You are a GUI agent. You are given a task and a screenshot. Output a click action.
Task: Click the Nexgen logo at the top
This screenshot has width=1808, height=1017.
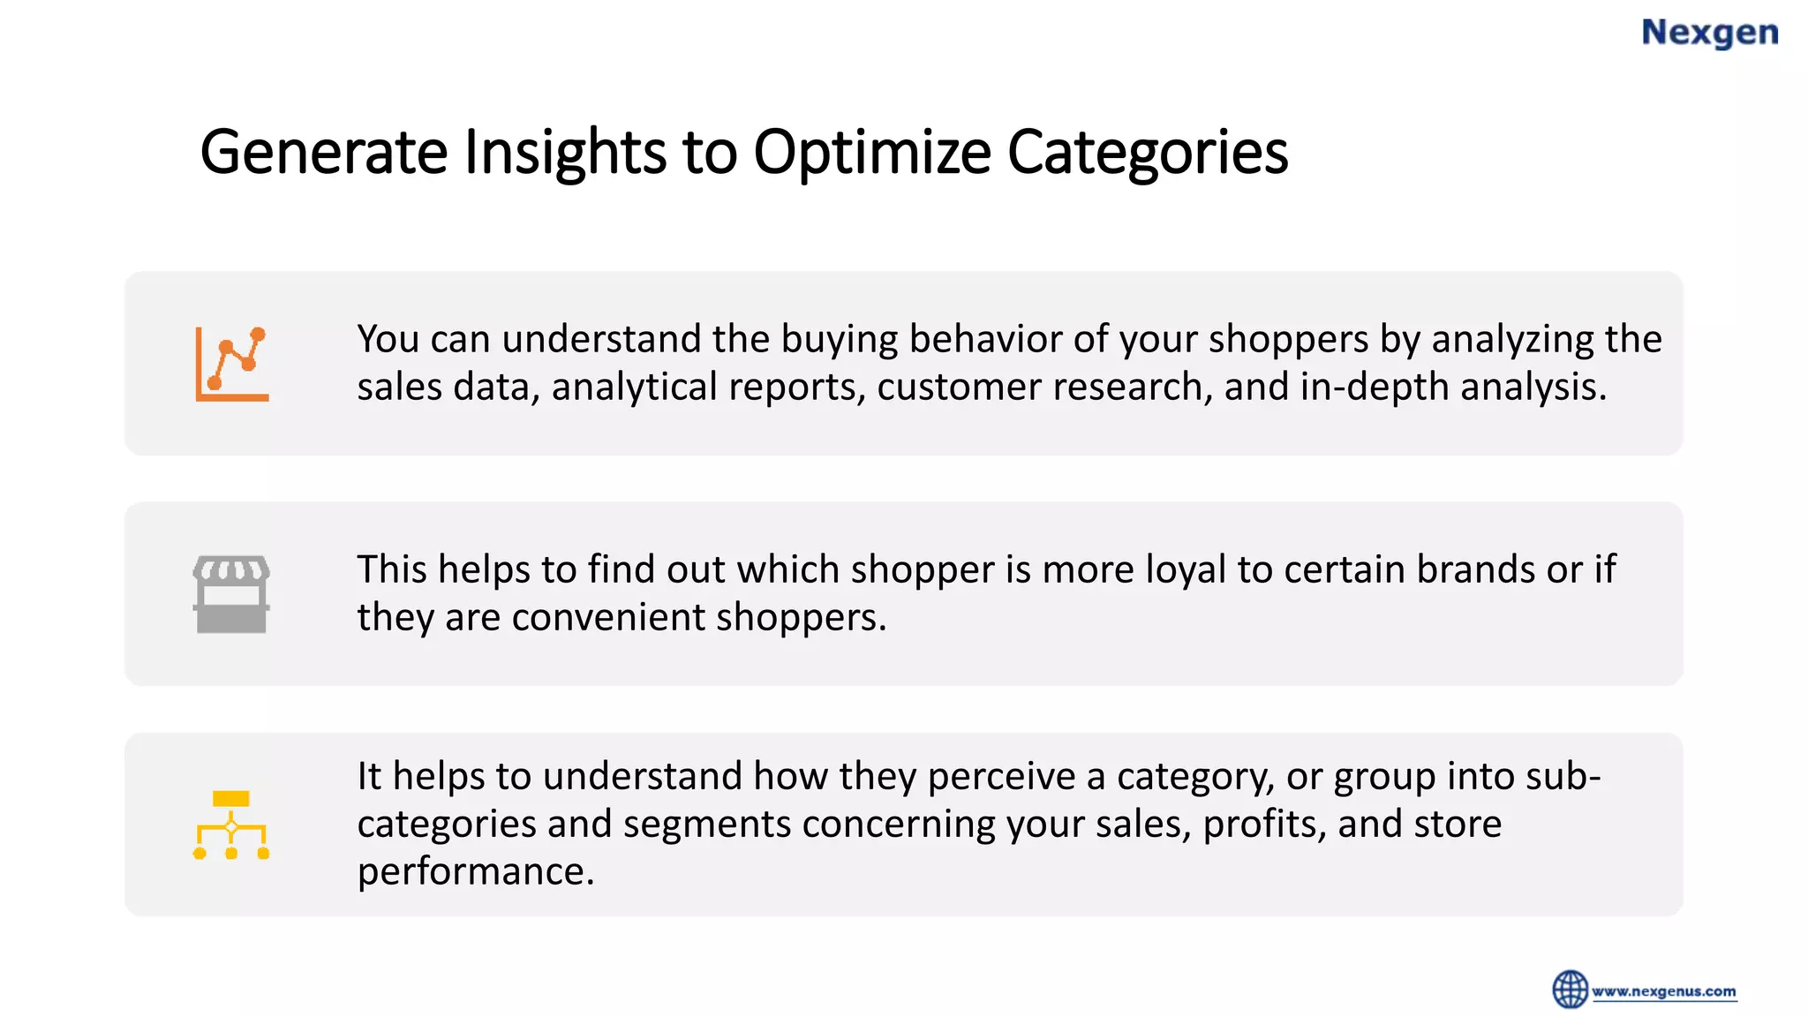pos(1709,33)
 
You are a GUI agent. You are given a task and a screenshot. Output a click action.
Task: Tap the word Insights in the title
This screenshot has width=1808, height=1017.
pos(565,152)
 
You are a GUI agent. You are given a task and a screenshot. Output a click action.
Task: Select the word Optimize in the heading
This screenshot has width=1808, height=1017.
pos(872,152)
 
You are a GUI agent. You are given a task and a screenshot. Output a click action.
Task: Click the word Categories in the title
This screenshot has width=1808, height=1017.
pos(1147,152)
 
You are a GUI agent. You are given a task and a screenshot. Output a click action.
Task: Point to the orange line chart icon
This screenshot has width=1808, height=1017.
pos(232,364)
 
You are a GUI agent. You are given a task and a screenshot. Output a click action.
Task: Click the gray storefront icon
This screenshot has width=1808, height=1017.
pos(231,594)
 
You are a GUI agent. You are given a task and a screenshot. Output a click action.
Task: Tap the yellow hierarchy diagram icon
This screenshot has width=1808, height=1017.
pos(231,825)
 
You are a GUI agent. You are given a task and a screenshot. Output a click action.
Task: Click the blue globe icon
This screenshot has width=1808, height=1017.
pos(1570,989)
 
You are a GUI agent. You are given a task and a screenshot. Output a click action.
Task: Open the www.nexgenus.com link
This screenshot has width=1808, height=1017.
pos(1664,991)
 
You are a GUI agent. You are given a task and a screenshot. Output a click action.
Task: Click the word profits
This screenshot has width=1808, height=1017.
pos(1263,825)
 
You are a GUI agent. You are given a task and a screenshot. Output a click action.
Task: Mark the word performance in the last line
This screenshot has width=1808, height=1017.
pos(475,872)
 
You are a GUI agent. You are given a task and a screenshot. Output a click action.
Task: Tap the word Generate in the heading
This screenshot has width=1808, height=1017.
pos(324,152)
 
